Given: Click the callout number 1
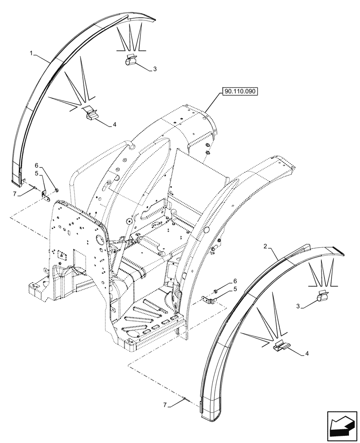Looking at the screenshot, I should (31, 53).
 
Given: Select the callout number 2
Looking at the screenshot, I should (265, 246).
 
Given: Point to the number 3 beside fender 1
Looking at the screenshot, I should (155, 69).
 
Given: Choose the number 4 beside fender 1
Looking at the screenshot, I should (114, 125).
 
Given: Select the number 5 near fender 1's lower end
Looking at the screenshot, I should (37, 173).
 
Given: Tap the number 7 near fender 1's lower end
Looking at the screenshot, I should (15, 194).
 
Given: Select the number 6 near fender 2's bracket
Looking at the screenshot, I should (235, 281).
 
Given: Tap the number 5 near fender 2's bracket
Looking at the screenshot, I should (235, 289).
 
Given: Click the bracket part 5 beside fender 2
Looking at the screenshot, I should (208, 299).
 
